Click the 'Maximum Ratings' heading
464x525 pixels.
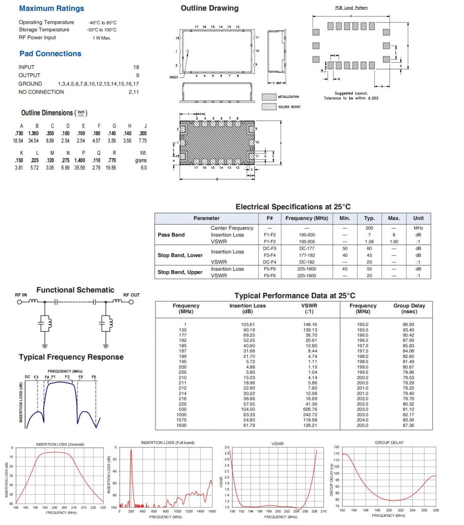tap(51, 9)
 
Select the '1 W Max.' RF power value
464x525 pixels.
tap(102, 38)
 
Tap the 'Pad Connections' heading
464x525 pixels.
tap(50, 54)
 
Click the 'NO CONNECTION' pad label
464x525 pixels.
tap(41, 92)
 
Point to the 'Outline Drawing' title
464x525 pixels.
tap(209, 8)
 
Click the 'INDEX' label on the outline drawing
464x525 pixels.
tap(173, 77)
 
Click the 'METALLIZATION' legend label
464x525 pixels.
tap(288, 96)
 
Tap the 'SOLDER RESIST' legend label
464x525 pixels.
tap(289, 107)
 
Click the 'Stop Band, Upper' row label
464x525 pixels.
tap(180, 272)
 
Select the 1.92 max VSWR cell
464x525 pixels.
tap(394, 241)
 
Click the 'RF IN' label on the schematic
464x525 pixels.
tap(22, 295)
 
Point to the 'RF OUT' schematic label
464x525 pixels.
tap(131, 295)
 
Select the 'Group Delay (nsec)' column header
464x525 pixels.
tap(409, 308)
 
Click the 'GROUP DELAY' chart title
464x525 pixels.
tap(389, 441)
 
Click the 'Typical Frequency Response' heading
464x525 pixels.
tap(71, 357)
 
